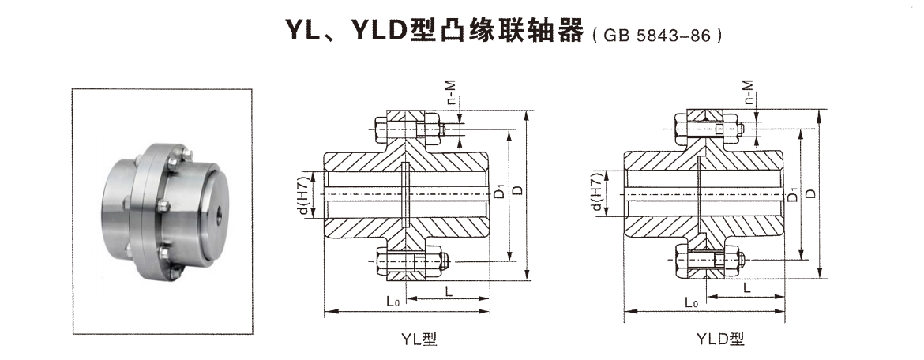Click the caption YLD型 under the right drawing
(720, 339)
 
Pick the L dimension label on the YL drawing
(449, 291)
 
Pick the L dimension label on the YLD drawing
(746, 289)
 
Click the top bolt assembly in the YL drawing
(408, 129)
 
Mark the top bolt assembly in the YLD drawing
(707, 129)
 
